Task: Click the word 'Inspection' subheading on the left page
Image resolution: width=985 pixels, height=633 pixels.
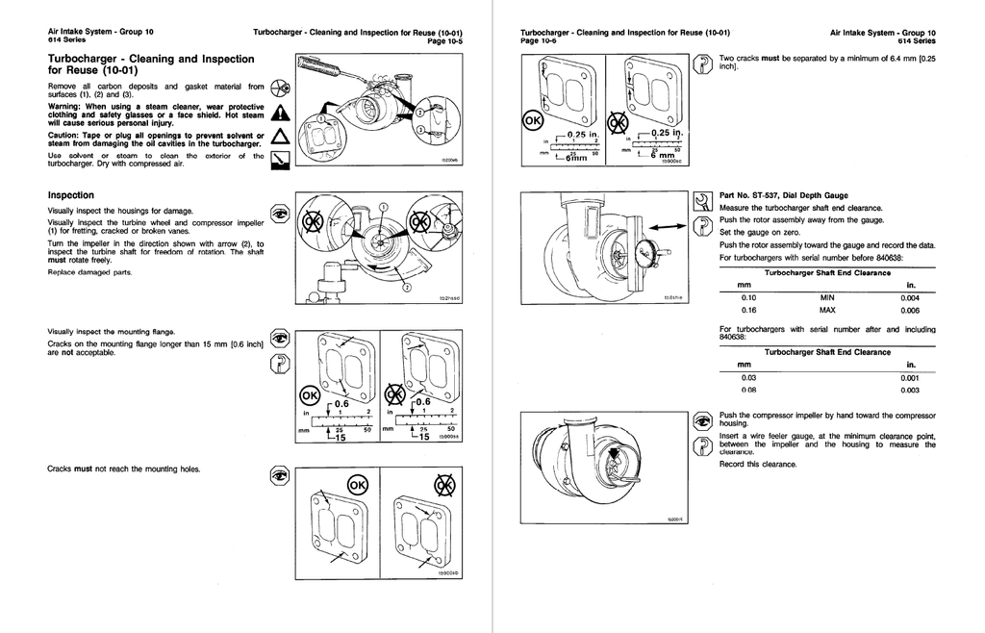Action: (70, 194)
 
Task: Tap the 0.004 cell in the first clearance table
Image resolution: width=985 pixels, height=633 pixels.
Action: (909, 297)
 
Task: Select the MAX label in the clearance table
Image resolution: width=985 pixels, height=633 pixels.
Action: (827, 311)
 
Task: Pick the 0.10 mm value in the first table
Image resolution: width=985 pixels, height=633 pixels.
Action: (748, 297)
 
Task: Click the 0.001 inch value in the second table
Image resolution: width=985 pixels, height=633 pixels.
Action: (909, 377)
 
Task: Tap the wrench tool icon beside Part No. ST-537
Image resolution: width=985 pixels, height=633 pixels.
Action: (701, 200)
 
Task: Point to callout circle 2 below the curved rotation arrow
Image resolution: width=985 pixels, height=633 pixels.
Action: (405, 287)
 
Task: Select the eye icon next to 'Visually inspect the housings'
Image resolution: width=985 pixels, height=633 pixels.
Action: (279, 213)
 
